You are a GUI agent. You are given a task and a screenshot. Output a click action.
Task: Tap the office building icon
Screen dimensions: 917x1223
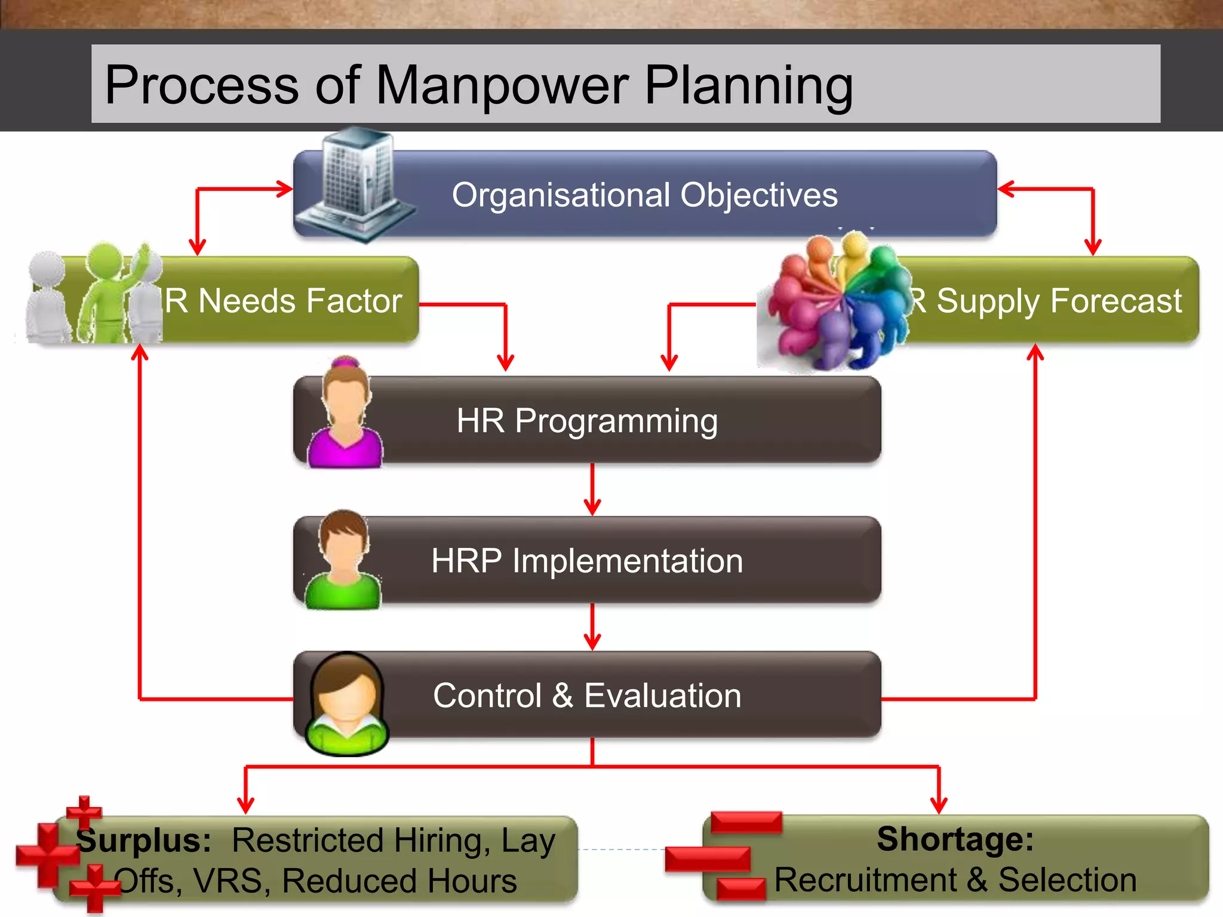pos(356,185)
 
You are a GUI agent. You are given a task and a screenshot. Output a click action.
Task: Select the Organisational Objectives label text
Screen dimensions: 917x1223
pos(644,195)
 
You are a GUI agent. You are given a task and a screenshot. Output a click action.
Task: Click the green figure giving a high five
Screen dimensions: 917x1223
pos(105,293)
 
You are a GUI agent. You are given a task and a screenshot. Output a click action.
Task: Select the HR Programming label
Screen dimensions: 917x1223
pos(587,420)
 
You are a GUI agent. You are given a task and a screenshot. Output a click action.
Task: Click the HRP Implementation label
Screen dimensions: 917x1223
pos(587,561)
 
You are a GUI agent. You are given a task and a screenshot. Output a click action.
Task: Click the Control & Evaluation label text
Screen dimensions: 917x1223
pos(587,696)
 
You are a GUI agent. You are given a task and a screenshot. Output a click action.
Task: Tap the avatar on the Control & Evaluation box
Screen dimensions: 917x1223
pos(346,703)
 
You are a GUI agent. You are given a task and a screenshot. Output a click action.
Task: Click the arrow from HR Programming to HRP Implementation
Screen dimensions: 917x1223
pos(592,490)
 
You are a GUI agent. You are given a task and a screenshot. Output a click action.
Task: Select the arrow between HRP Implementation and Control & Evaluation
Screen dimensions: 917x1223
pos(592,627)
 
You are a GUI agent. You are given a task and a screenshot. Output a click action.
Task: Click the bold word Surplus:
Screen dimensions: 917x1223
pos(143,840)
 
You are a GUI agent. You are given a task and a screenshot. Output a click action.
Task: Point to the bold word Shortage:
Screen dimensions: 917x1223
pos(955,839)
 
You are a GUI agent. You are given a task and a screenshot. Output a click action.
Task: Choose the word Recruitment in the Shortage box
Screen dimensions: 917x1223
pos(865,879)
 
